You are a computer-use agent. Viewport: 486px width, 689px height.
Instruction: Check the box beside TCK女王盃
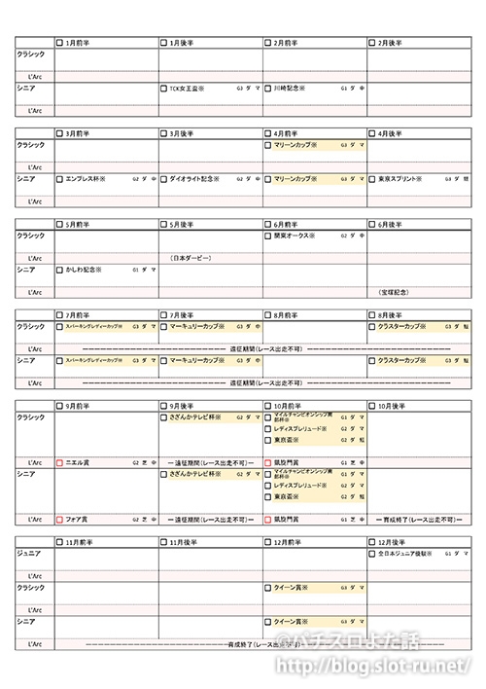pyautogui.click(x=164, y=88)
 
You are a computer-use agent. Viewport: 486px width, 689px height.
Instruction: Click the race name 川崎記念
pyautogui.click(x=290, y=88)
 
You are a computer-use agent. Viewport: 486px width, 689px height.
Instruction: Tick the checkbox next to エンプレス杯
pyautogui.click(x=59, y=179)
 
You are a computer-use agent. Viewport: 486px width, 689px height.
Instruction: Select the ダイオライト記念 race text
pyautogui.click(x=194, y=179)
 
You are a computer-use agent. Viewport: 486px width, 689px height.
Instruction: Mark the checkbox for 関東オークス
pyautogui.click(x=268, y=236)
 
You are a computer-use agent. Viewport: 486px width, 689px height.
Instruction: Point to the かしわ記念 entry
pyautogui.click(x=87, y=270)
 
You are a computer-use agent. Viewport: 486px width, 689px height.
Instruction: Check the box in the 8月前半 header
pyautogui.click(x=268, y=315)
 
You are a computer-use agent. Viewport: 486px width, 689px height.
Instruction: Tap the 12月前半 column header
pyautogui.click(x=289, y=541)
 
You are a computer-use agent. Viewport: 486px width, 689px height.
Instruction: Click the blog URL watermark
pyautogui.click(x=379, y=668)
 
